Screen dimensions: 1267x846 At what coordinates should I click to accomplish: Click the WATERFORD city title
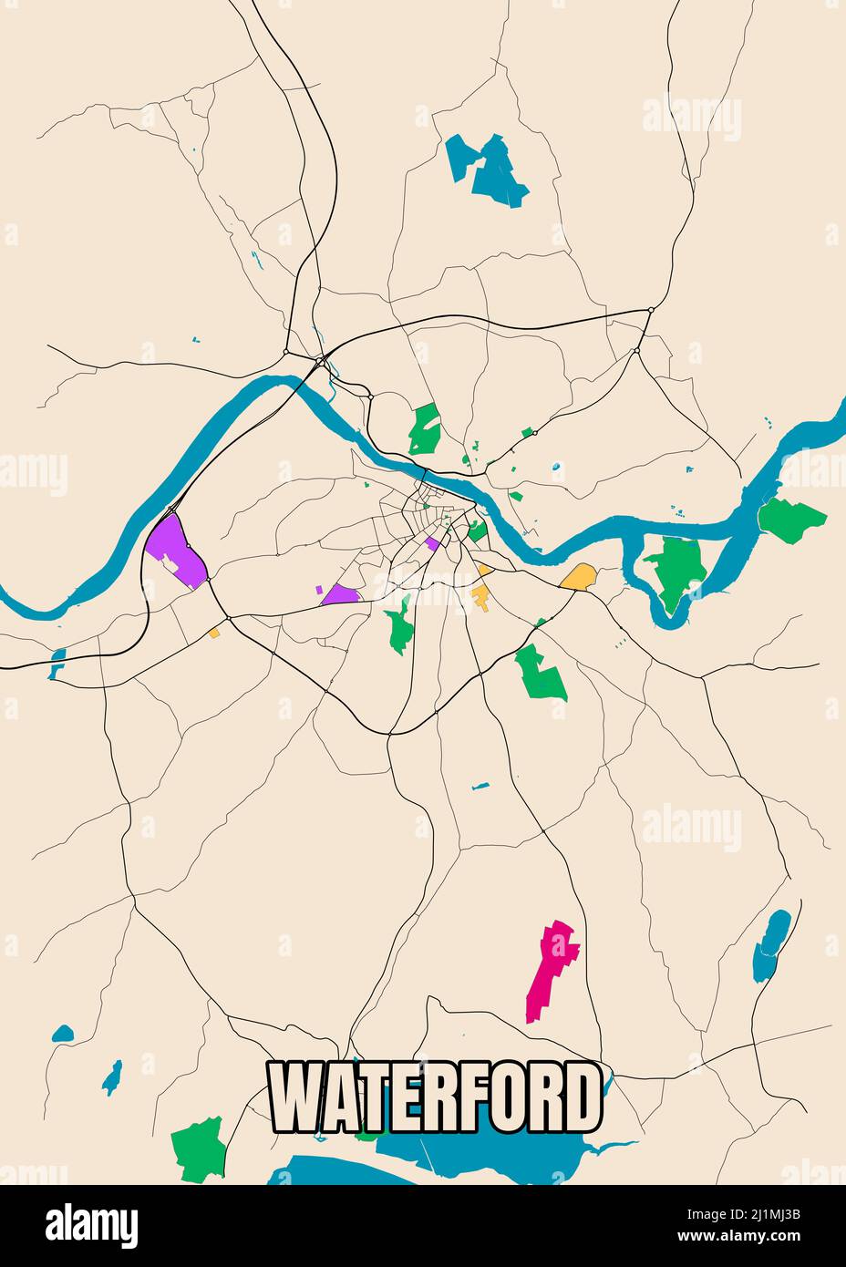tap(435, 1097)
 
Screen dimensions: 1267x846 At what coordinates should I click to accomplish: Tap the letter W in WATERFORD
tap(294, 1097)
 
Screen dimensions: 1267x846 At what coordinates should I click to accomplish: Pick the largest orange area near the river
tap(578, 576)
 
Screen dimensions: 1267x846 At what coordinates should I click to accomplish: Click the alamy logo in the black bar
tap(91, 1226)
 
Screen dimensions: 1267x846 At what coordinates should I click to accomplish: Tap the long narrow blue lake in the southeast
tap(771, 945)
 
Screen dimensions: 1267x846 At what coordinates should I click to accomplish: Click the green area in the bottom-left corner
tap(198, 1148)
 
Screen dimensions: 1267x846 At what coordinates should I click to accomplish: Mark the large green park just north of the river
tap(424, 429)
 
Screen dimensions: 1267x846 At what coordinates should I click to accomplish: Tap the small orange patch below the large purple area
tap(215, 632)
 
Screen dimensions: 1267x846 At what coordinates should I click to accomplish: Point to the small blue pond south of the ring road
tap(480, 786)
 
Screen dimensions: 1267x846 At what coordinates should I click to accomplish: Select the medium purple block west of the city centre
tap(340, 595)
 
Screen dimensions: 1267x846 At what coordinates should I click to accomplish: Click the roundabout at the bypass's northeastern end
tap(650, 311)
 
